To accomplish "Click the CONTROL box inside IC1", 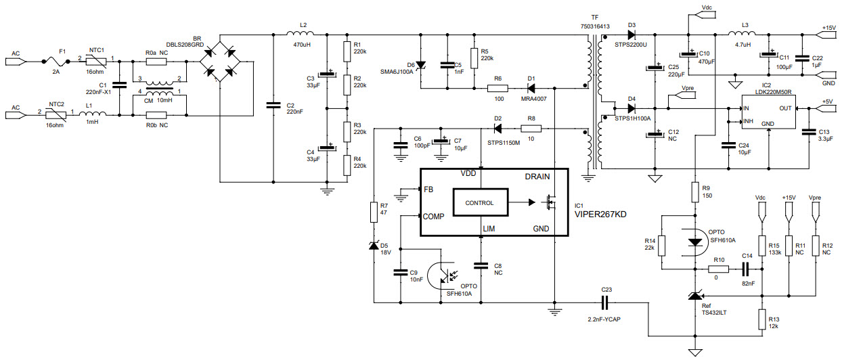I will [x=479, y=203].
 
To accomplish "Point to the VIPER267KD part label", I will [x=601, y=215].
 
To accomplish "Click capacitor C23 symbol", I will [x=605, y=300].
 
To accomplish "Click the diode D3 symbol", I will [x=631, y=33].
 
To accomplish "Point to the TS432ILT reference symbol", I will [x=695, y=295].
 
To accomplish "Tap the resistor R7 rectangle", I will [x=373, y=212].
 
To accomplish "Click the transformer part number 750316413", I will [x=595, y=26].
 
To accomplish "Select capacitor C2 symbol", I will [x=273, y=105].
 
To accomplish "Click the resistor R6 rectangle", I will [x=497, y=88].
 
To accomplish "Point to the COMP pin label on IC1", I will [x=434, y=217].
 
